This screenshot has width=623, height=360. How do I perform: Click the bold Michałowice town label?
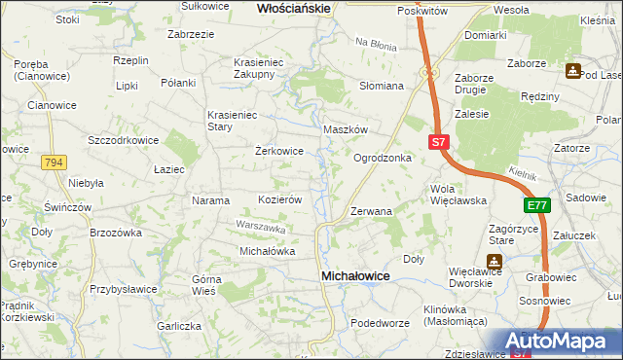click(355, 276)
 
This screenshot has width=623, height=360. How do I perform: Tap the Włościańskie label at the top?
click(294, 8)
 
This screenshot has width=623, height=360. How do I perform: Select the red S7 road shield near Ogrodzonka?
click(438, 142)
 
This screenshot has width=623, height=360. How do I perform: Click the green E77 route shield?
click(537, 205)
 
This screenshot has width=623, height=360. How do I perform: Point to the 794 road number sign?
click(54, 163)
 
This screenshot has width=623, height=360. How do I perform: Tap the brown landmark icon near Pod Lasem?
click(573, 71)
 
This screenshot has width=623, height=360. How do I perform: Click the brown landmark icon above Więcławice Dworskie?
click(495, 262)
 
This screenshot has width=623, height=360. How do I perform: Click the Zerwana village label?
click(371, 211)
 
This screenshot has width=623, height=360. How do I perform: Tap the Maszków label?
click(345, 129)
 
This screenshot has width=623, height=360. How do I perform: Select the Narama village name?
click(211, 201)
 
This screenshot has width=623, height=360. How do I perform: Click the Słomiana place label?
click(382, 86)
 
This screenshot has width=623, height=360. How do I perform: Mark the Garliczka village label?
click(180, 327)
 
